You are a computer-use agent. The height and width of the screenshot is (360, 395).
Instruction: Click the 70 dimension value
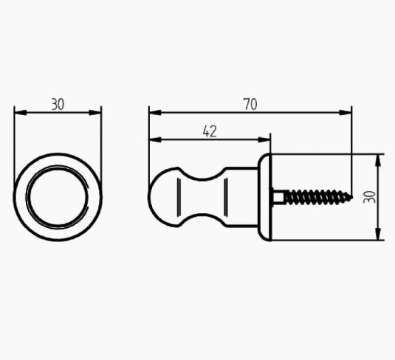250,105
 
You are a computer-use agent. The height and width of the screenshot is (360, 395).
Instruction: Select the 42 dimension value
210,131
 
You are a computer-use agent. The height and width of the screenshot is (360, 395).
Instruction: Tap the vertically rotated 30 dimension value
369,197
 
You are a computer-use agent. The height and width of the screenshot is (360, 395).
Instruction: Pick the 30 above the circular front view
58,105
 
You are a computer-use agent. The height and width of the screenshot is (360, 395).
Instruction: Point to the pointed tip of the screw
352,198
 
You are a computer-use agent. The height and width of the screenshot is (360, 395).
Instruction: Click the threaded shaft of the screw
318,197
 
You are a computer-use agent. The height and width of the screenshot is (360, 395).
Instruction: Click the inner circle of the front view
58,197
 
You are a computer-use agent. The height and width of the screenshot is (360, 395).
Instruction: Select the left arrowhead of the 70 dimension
155,113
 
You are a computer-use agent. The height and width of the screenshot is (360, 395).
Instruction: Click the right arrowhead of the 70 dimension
346,113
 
